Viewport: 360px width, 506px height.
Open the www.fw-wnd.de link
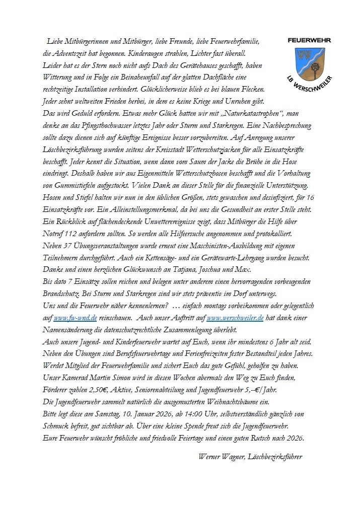[x=76, y=319]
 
